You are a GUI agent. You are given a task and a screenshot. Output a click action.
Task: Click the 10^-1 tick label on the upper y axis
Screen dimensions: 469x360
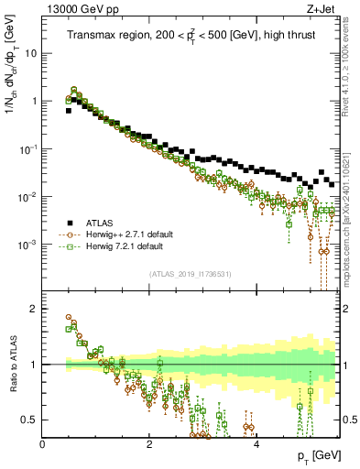coord(29,148)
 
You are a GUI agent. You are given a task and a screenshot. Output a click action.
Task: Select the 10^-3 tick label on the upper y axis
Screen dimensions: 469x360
coord(29,245)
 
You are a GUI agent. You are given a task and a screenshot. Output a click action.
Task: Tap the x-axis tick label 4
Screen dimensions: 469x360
coord(256,443)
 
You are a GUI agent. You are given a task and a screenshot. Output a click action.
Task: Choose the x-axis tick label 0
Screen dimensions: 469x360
coord(42,443)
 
